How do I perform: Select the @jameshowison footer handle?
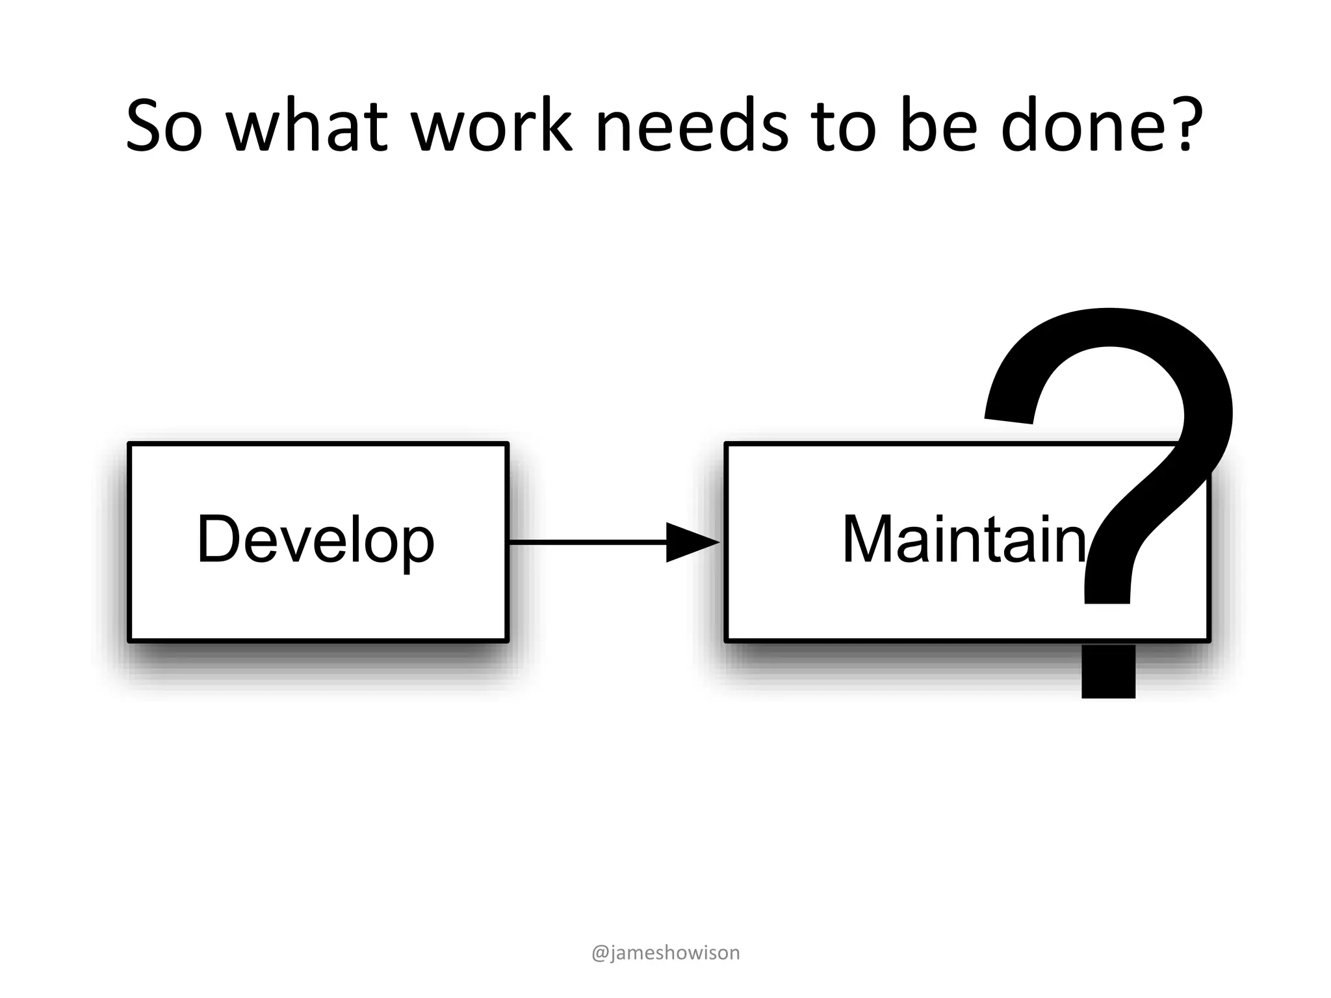665,953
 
